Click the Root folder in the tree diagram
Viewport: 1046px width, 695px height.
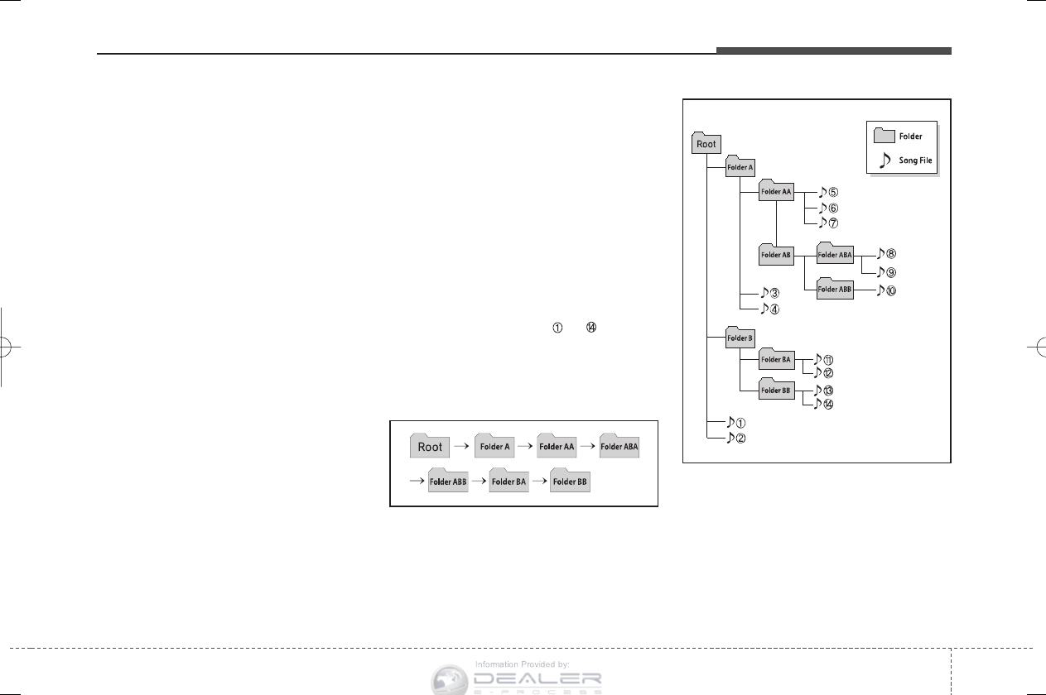tap(706, 143)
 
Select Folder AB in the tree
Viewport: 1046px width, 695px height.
tap(776, 254)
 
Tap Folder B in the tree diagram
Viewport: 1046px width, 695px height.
tap(739, 337)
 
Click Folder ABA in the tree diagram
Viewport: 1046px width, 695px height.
tap(834, 254)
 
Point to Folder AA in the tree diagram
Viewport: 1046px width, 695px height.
tap(776, 191)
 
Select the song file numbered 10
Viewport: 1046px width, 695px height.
tap(886, 290)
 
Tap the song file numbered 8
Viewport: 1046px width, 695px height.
tap(886, 255)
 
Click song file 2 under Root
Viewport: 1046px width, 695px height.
tap(735, 438)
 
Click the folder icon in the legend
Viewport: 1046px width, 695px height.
tap(885, 136)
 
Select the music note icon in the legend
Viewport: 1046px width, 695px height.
tap(885, 161)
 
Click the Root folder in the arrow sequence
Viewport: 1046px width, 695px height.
tap(430, 447)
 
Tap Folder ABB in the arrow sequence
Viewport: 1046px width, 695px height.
tap(448, 481)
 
